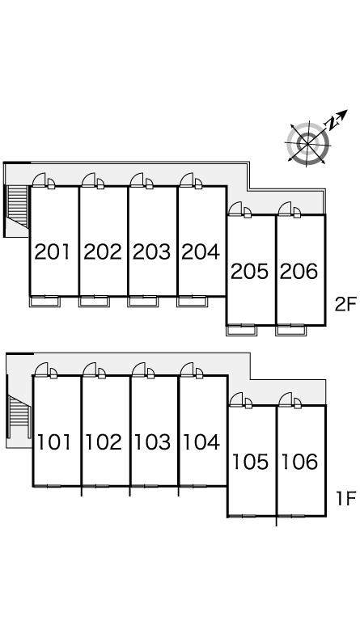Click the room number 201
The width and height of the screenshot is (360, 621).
click(53, 252)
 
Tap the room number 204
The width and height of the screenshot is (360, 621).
click(201, 252)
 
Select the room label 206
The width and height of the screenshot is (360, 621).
click(299, 272)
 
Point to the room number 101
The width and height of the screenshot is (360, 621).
click(54, 442)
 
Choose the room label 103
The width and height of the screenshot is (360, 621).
click(152, 442)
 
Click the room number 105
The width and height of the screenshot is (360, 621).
click(250, 462)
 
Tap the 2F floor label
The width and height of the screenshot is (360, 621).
click(346, 305)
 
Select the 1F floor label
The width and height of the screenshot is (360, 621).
click(346, 499)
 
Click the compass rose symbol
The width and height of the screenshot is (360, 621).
click(308, 142)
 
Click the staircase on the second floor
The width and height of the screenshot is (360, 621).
click(18, 205)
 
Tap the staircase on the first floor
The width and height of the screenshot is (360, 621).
click(19, 415)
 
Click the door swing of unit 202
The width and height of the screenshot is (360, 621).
click(89, 180)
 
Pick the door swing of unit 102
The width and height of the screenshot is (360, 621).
click(90, 369)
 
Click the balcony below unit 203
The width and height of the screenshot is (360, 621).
click(142, 302)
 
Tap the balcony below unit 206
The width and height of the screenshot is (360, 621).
click(290, 330)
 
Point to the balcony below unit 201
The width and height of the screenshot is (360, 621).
click(44, 302)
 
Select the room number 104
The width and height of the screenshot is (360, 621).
click(201, 442)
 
